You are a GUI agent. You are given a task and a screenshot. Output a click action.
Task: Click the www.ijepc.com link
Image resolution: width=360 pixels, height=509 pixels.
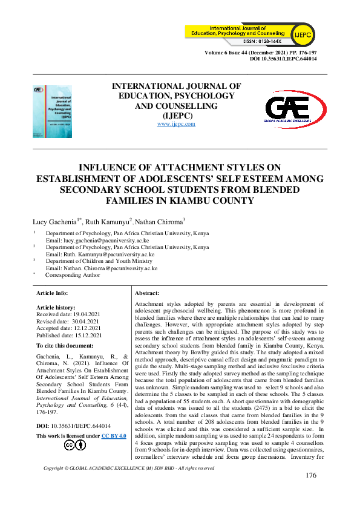point(176,124)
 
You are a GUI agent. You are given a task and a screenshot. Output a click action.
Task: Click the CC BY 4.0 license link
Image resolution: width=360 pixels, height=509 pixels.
point(114,435)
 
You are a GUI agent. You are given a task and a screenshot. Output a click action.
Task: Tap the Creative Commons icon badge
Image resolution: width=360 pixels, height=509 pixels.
point(75,446)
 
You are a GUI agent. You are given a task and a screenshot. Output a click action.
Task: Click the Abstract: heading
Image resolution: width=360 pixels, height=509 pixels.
point(147,293)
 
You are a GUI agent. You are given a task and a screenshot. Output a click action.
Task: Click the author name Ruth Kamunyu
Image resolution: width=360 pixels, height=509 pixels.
point(106,222)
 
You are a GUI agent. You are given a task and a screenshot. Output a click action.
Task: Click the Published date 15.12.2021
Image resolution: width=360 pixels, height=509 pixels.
point(69,335)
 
